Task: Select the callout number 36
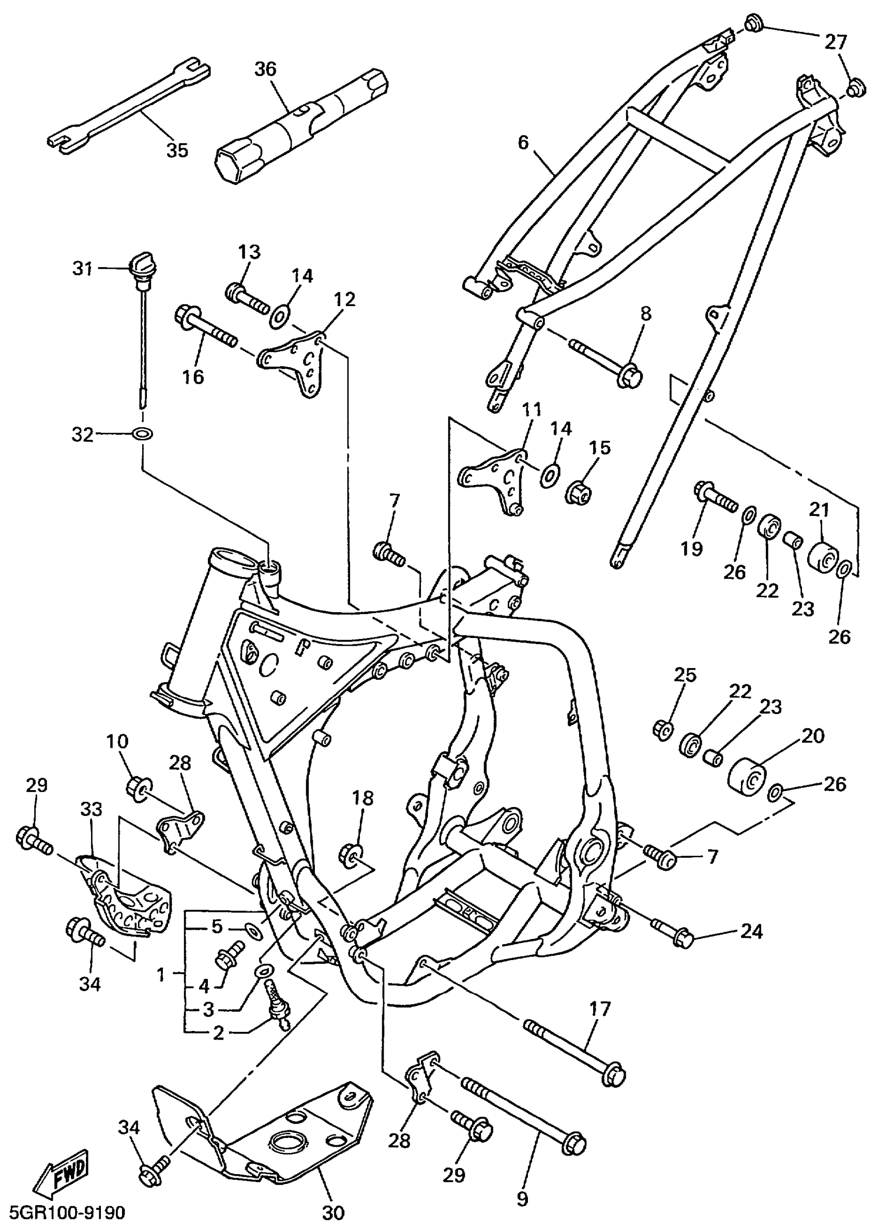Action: click(x=265, y=69)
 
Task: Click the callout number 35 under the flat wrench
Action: click(x=177, y=150)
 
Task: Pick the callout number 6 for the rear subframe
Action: click(x=522, y=142)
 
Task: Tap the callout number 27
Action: click(x=835, y=42)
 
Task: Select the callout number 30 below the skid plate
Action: click(x=334, y=1213)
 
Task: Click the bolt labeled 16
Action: click(x=206, y=328)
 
